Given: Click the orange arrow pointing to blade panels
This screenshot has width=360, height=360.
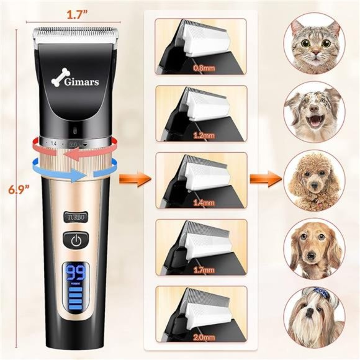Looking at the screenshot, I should pos(142,181).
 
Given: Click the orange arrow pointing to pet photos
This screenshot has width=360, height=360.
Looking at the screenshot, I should pos(263,181).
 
